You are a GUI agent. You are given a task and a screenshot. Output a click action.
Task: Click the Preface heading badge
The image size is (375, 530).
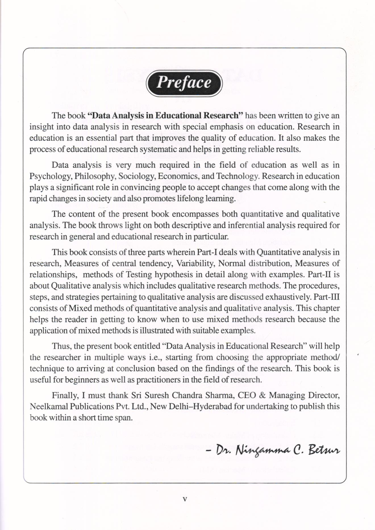(x=184, y=83)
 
